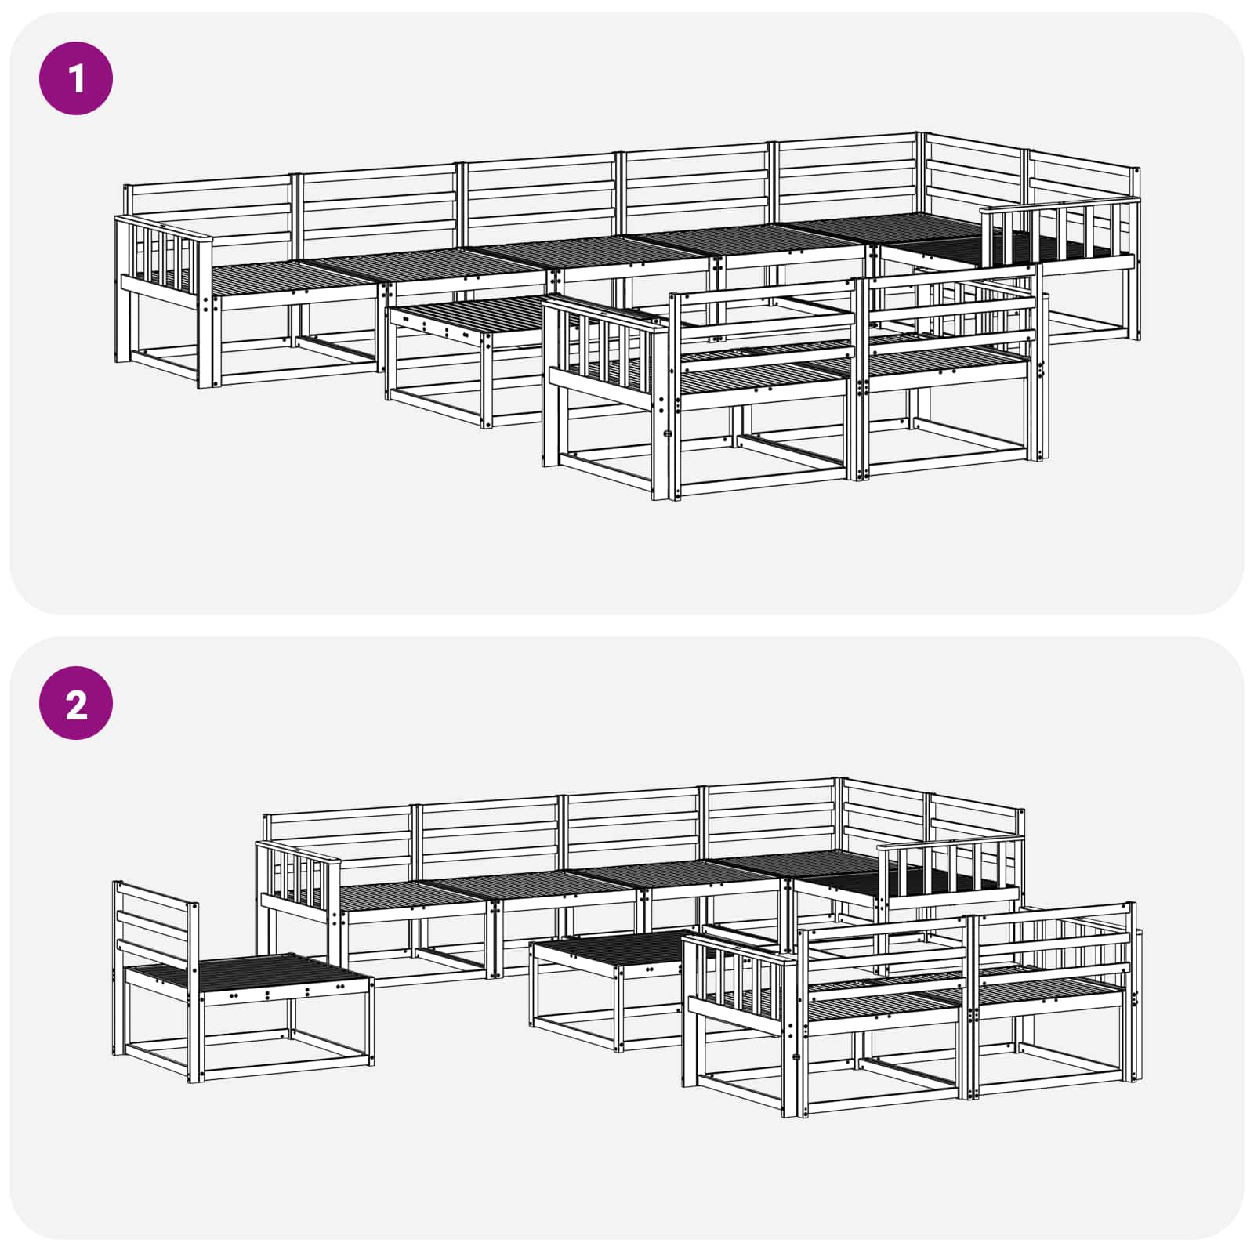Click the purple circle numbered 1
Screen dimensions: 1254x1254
76,79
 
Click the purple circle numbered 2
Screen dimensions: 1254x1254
76,703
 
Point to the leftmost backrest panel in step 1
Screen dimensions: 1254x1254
208,212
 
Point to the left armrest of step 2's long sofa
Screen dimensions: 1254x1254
298,878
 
